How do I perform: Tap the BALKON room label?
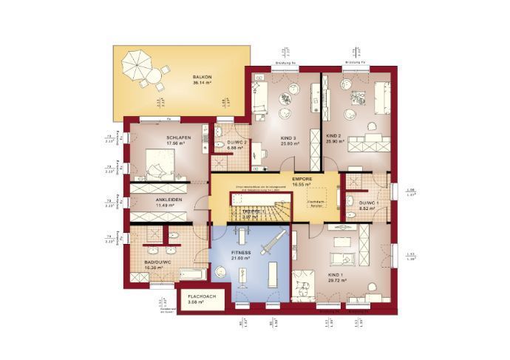(202, 76)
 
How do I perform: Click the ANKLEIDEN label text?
(169, 200)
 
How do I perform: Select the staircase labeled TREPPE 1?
(255, 214)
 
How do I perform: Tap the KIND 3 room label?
(289, 137)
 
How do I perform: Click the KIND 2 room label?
(334, 136)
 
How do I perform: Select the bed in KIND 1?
(305, 285)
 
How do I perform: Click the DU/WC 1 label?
(368, 203)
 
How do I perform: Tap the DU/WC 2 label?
(237, 141)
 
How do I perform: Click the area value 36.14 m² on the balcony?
(202, 83)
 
